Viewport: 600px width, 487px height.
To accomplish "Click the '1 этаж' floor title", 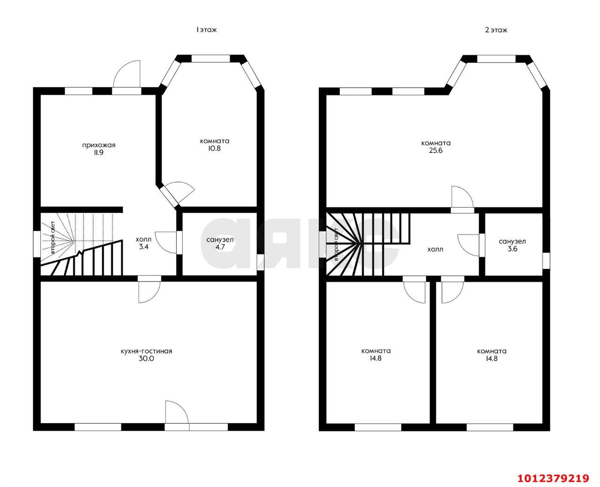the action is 206,30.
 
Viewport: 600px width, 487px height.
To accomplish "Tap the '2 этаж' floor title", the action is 496,30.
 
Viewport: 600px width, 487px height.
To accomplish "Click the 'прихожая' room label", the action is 98,145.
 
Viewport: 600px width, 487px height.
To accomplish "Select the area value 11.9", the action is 98,152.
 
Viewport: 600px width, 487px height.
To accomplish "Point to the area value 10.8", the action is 214,148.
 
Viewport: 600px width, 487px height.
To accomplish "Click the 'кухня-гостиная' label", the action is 146,351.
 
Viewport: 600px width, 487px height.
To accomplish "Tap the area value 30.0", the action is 146,359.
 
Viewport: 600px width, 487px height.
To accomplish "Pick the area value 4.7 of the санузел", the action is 220,247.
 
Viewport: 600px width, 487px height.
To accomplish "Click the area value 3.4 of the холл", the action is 143,247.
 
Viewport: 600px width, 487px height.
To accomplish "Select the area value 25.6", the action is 436,151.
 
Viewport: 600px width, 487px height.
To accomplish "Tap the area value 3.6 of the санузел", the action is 512,249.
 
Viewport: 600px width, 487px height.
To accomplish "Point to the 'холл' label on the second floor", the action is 435,249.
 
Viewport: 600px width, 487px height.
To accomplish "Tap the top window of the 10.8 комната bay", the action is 210,58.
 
